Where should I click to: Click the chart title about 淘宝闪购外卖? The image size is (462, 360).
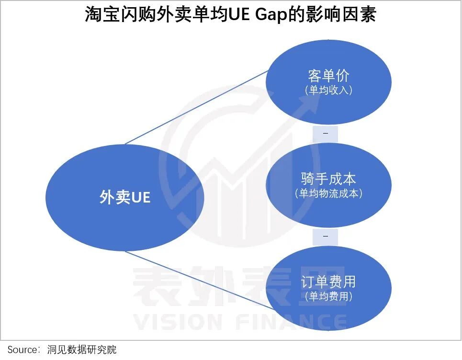[x=231, y=14]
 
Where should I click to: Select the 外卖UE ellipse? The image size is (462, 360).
[x=125, y=197]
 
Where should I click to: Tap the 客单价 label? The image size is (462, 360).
[x=328, y=76]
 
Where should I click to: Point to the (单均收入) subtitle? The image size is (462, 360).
[x=328, y=90]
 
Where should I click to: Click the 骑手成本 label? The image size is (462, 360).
[x=328, y=179]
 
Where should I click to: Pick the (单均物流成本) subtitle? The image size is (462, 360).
[x=328, y=193]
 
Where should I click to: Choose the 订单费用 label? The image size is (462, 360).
[x=328, y=282]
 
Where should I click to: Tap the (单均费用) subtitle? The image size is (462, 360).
[x=328, y=296]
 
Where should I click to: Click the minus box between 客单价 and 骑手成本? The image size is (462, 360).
[x=325, y=134]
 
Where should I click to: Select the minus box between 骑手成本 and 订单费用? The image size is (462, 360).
[x=325, y=236]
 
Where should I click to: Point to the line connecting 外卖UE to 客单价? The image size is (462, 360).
[x=196, y=107]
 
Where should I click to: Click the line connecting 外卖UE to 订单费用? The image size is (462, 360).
[x=199, y=280]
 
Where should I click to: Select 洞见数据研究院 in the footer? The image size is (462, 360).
[x=82, y=349]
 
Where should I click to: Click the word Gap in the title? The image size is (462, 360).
[x=271, y=15]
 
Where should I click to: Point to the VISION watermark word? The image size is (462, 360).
[x=177, y=322]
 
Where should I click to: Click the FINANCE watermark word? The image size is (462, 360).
[x=292, y=322]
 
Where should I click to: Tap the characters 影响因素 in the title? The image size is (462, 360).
[x=341, y=14]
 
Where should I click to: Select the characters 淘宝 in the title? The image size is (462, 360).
[x=102, y=14]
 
